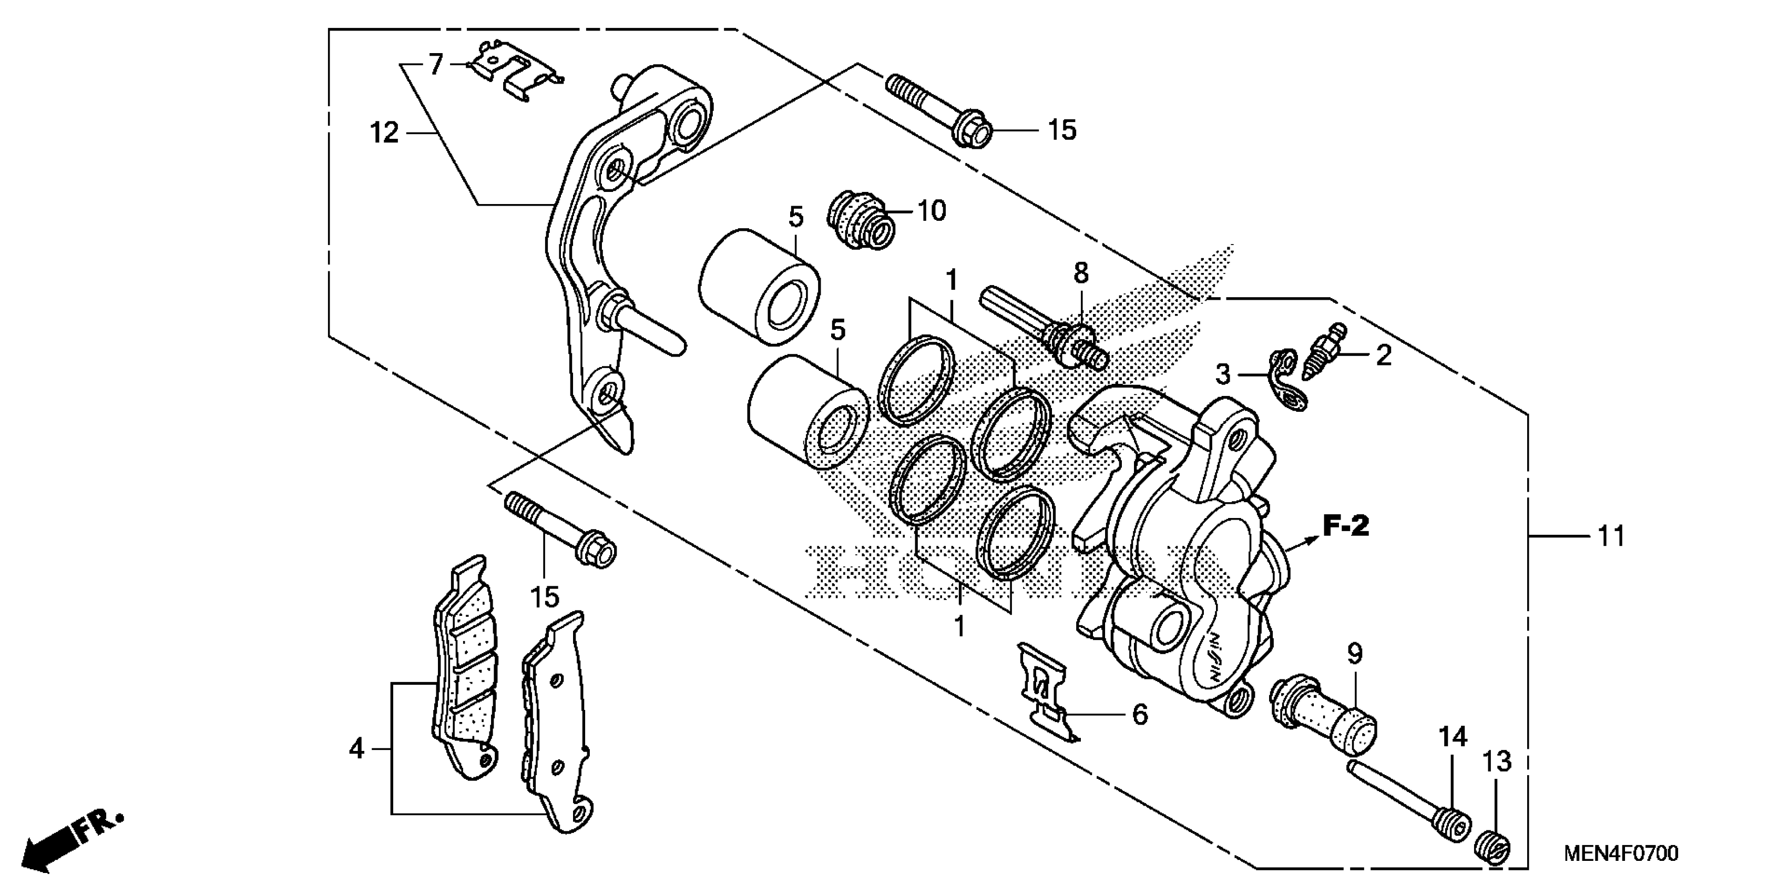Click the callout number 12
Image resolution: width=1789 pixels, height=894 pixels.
[x=384, y=132]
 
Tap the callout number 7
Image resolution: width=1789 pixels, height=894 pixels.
[x=435, y=65]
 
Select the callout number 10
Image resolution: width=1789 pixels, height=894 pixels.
[x=932, y=210]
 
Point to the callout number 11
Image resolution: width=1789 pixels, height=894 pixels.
[x=1611, y=536]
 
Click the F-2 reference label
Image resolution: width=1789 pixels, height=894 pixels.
[x=1345, y=526]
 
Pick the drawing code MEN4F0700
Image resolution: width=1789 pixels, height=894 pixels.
[x=1621, y=854]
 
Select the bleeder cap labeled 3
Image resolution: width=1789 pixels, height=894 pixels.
[x=1285, y=381]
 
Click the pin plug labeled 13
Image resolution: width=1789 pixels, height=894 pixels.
[x=1493, y=849]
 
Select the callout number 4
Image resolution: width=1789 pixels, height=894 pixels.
[x=356, y=748]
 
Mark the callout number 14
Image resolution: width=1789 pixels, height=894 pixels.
[x=1452, y=736]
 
